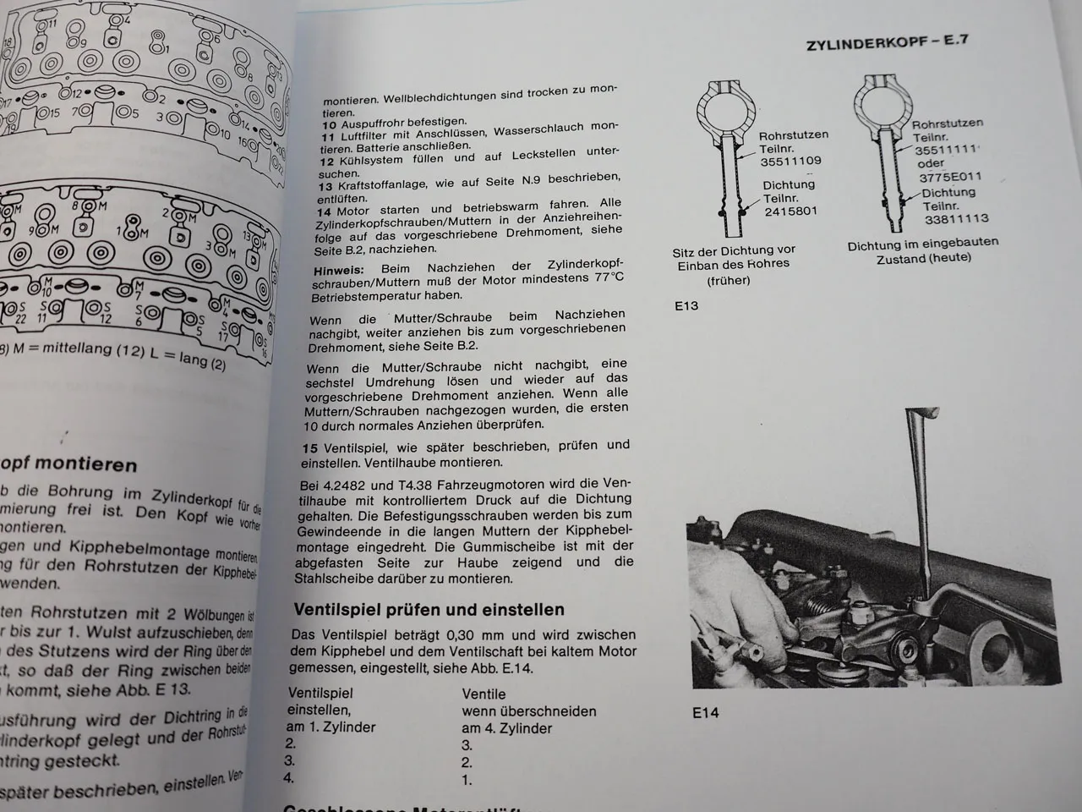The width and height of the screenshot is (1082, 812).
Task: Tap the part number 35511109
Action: pos(790,161)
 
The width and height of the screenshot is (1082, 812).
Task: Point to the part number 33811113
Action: pos(955,218)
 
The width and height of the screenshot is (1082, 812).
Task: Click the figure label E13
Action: pos(686,305)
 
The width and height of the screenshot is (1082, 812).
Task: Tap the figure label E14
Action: pos(704,712)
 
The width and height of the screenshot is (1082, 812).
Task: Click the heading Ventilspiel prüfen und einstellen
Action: pos(429,609)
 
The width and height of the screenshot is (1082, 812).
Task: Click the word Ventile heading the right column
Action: pos(484,694)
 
